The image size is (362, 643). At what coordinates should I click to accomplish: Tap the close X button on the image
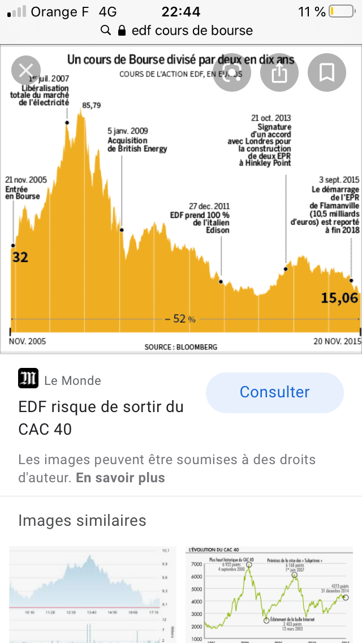click(26, 71)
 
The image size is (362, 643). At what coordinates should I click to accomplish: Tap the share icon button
click(279, 72)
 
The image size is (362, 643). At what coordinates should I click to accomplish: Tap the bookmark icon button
click(326, 72)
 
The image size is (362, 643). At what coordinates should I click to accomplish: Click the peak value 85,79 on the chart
click(91, 105)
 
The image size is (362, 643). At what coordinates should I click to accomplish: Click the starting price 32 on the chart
click(20, 258)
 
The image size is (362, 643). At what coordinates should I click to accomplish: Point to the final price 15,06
click(340, 298)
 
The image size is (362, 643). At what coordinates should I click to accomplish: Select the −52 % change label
click(180, 319)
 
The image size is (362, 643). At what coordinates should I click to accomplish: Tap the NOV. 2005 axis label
click(28, 341)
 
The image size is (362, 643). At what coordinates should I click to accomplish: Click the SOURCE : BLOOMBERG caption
click(180, 346)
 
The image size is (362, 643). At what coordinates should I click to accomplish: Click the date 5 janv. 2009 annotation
click(128, 131)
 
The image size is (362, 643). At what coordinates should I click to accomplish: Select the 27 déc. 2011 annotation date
click(209, 206)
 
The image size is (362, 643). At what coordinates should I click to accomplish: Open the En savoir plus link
click(120, 478)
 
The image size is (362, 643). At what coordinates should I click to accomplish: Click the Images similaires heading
click(82, 520)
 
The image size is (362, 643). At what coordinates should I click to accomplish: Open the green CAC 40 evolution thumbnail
click(269, 594)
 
